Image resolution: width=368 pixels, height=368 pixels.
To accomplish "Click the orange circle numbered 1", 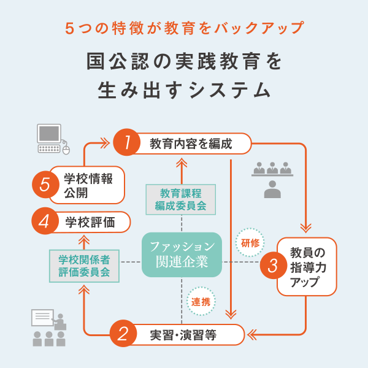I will point(126,144).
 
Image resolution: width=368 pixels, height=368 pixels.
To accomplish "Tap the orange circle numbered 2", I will point(123,334).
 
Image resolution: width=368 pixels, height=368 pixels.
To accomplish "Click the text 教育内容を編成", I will point(191,144).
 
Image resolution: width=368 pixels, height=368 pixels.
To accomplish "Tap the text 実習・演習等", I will point(183,335).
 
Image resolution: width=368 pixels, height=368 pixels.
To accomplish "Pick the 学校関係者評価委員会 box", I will point(84,265).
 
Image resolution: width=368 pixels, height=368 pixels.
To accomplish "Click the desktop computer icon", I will point(49,137).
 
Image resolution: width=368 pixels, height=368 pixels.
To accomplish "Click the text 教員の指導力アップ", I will point(306,266).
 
